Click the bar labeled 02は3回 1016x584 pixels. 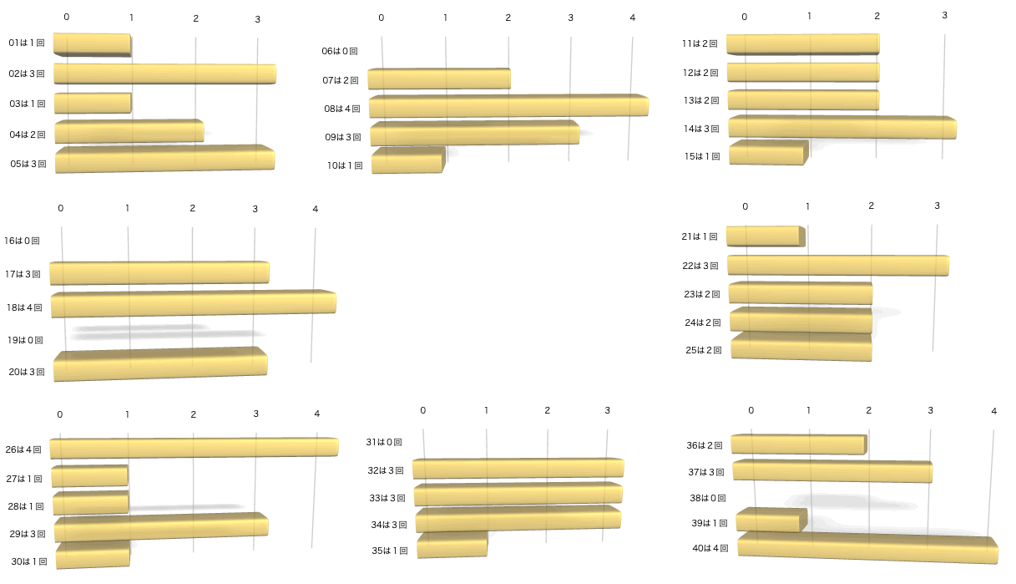click(x=164, y=74)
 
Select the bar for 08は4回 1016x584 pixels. click(x=508, y=106)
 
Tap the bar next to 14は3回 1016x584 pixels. click(x=842, y=127)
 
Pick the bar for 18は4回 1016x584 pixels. click(x=193, y=303)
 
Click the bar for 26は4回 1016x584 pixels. click(x=194, y=448)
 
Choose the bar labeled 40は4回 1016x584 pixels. click(x=867, y=548)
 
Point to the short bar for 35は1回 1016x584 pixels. click(x=452, y=545)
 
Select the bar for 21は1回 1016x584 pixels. click(x=765, y=236)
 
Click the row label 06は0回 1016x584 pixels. click(x=340, y=51)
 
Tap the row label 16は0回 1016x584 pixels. click(x=23, y=241)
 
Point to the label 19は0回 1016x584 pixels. click(x=24, y=340)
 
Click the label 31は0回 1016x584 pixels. click(x=384, y=442)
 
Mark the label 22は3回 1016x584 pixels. click(x=700, y=266)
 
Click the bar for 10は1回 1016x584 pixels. click(x=407, y=160)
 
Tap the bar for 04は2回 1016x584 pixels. click(x=129, y=132)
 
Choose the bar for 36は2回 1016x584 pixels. click(x=798, y=444)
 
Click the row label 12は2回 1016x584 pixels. click(x=700, y=73)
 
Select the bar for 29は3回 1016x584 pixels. click(x=161, y=528)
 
